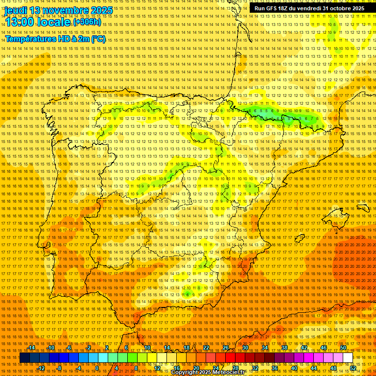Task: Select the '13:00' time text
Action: point(21,22)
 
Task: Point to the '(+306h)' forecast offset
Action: point(87,22)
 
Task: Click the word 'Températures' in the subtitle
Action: point(29,39)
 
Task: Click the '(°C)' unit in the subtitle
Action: point(98,39)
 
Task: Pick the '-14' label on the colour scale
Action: point(32,348)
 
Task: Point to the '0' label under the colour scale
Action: point(97,368)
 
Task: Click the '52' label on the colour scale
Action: point(353,368)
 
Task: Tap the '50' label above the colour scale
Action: point(343,348)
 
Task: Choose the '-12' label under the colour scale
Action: point(41,368)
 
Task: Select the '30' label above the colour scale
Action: point(245,348)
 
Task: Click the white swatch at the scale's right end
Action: point(348,358)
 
